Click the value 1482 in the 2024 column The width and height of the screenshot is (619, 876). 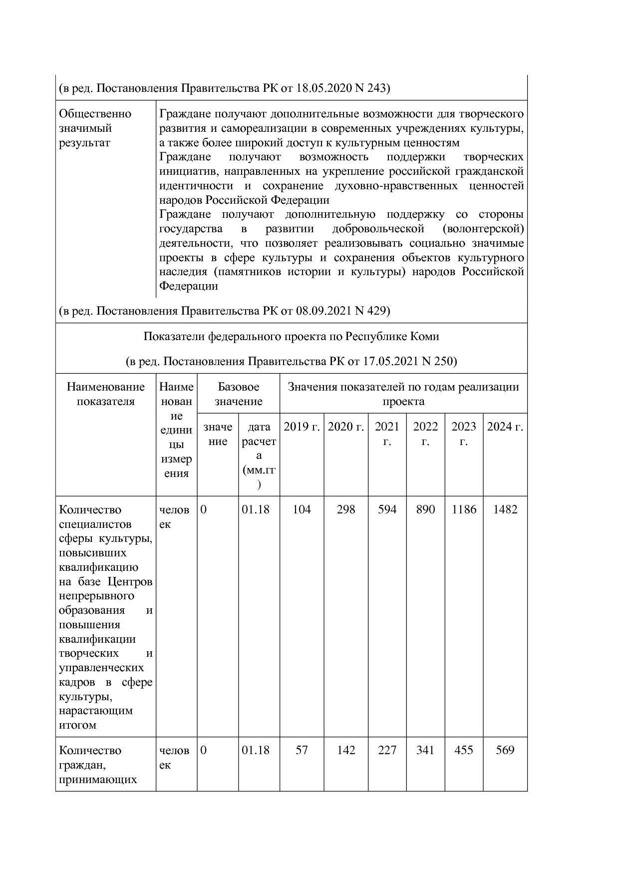click(505, 509)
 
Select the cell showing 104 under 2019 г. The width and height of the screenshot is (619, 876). click(302, 509)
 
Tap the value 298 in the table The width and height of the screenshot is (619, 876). click(346, 509)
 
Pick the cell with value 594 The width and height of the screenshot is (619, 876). click(387, 509)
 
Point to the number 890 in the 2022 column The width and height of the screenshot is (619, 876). click(425, 509)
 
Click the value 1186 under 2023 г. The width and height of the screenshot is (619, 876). click(464, 509)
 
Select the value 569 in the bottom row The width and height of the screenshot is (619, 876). click(505, 750)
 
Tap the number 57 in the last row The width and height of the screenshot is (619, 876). click(302, 750)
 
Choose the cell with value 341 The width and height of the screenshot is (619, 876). click(425, 750)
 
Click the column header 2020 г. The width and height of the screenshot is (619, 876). click(346, 427)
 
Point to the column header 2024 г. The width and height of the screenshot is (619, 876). click(505, 427)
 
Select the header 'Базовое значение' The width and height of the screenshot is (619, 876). click(238, 394)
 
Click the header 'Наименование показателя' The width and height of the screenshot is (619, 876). click(105, 394)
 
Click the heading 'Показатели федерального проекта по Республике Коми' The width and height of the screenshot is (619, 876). click(291, 337)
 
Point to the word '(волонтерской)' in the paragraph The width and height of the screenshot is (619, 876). click(483, 229)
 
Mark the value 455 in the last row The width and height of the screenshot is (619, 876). click(464, 750)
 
